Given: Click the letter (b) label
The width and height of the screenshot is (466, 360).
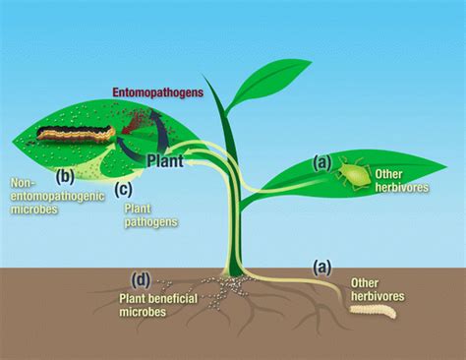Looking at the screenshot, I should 66,177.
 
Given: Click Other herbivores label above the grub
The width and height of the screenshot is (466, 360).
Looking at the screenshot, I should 379,290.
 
